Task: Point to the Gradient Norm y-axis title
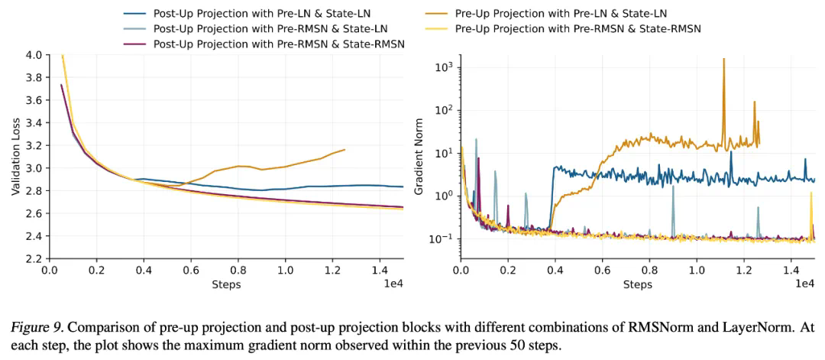coord(419,157)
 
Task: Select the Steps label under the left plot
coord(226,285)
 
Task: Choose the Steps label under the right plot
coord(637,285)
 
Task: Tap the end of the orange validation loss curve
coord(345,150)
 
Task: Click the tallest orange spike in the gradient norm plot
coord(723,60)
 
